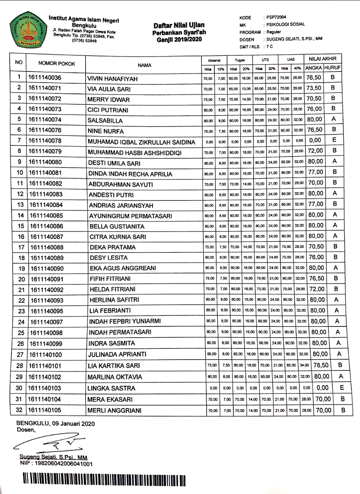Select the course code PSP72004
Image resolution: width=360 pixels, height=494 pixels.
276,17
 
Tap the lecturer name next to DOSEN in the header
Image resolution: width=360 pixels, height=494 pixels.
294,39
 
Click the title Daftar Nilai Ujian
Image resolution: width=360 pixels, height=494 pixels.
179,25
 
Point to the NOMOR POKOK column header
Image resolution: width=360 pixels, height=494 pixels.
57,64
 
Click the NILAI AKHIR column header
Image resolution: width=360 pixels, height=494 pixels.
322,59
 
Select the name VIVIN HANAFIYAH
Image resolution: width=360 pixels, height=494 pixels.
112,79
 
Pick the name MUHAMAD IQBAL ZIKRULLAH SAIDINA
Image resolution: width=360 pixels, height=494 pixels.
141,142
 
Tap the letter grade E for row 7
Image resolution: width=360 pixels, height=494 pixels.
334,140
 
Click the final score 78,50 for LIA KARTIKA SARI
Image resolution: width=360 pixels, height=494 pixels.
321,366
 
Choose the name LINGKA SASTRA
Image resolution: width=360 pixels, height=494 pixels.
111,388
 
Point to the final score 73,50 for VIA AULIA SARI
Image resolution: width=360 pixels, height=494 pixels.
314,88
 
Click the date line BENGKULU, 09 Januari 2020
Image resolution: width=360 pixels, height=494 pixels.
55,424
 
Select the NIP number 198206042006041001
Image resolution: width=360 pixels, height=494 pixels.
56,464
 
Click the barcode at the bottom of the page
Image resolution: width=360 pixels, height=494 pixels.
104,479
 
